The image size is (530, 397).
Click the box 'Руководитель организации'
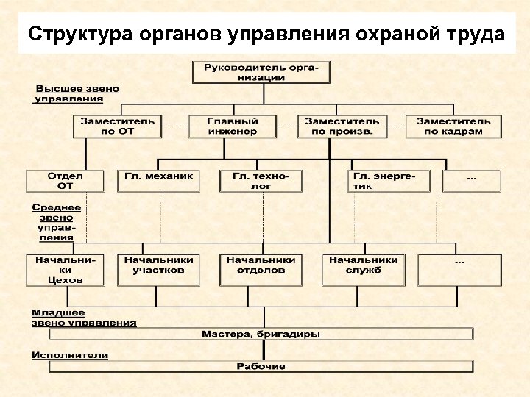(x=261, y=72)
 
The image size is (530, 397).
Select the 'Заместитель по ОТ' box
(x=116, y=126)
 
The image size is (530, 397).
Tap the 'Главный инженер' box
(x=233, y=126)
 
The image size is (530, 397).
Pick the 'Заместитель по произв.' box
(x=342, y=126)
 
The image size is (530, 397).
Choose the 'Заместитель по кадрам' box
(x=453, y=126)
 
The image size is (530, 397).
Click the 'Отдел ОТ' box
(x=66, y=181)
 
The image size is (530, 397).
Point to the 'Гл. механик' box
(x=158, y=181)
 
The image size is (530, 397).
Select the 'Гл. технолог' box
(x=262, y=181)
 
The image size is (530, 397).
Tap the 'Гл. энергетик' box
(x=388, y=181)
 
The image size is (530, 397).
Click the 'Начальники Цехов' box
(x=66, y=270)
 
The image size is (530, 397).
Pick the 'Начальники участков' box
(x=158, y=270)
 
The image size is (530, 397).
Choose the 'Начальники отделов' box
(x=261, y=270)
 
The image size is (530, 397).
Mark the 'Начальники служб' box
(x=364, y=270)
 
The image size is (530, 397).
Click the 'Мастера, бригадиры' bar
(x=261, y=335)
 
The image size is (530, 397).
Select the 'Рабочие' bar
(x=261, y=366)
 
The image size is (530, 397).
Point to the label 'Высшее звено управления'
(x=77, y=93)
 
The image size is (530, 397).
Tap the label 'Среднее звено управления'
(x=57, y=223)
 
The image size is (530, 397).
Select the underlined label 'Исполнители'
(x=70, y=355)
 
